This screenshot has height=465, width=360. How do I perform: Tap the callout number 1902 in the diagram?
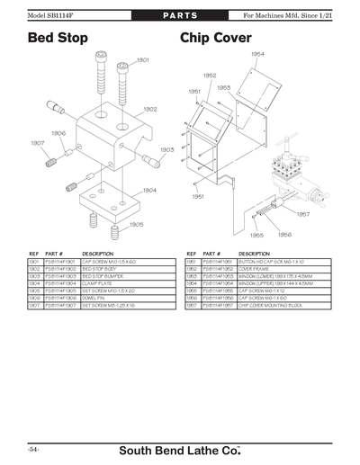point(149,109)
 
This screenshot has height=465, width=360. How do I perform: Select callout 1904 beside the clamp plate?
point(149,190)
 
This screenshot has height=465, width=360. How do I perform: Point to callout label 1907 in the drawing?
point(37,143)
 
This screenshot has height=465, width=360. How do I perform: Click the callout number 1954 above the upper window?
point(257,54)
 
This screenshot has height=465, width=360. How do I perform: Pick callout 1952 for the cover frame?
point(209,76)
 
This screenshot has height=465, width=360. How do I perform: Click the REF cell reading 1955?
point(190,291)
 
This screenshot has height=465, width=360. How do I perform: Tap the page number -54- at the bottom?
point(32,447)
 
